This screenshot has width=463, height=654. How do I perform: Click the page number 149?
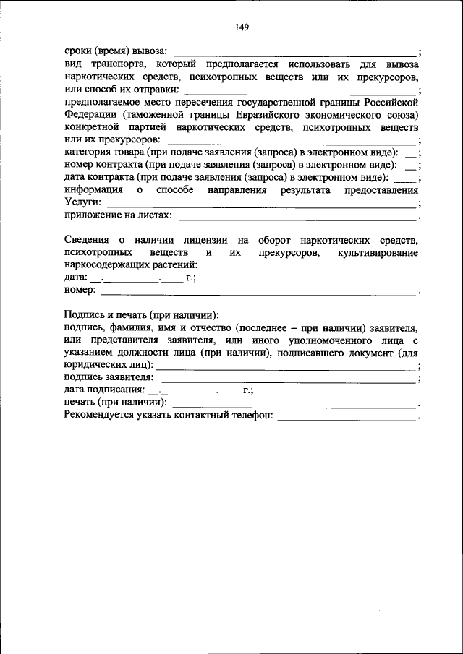(x=242, y=27)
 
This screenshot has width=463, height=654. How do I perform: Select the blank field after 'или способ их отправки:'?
(x=300, y=90)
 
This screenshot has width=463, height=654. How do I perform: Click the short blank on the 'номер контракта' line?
(x=410, y=165)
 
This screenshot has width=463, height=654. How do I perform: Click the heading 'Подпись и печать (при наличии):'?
(x=141, y=316)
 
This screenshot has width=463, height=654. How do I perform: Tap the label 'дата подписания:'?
(x=104, y=390)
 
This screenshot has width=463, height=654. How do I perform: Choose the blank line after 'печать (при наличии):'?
(x=294, y=403)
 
